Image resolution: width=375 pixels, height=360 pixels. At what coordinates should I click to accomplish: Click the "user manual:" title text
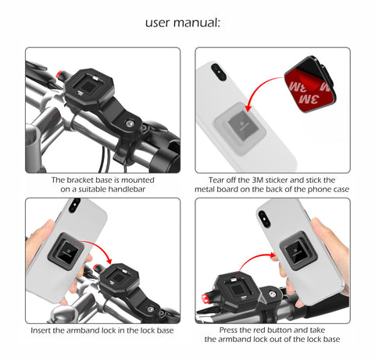point(183,22)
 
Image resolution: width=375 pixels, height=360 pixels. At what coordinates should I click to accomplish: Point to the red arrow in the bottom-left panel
point(100,252)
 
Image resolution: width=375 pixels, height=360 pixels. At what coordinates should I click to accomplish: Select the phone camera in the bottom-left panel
point(75,205)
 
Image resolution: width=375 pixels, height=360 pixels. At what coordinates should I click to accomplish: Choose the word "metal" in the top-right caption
point(210,188)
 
